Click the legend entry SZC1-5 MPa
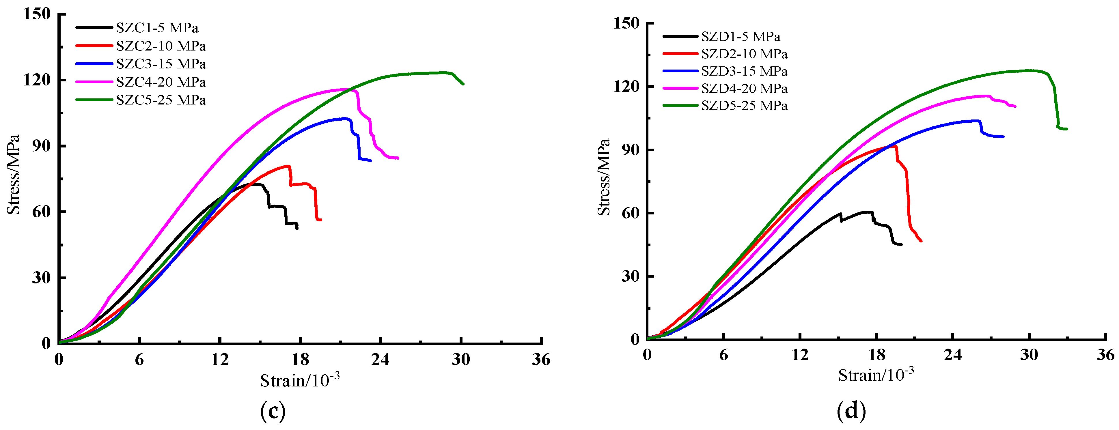click(x=157, y=28)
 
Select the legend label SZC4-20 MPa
click(x=161, y=82)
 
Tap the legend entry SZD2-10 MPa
click(x=744, y=54)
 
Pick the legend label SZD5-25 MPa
click(x=744, y=106)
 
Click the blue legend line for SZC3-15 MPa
click(x=94, y=64)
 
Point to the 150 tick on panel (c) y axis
click(x=37, y=14)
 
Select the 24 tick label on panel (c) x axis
click(x=380, y=360)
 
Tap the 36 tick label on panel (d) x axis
click(x=1105, y=355)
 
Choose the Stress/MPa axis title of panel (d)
click(x=604, y=177)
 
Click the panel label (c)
click(x=273, y=410)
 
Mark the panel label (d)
click(x=851, y=410)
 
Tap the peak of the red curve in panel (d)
click(x=895, y=146)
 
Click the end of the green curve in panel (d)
click(x=1066, y=129)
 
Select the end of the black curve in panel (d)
click(x=901, y=244)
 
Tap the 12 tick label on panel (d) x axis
click(x=800, y=355)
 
